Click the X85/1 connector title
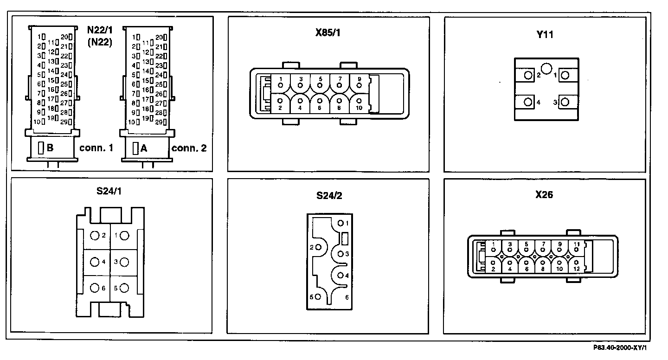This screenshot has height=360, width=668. click(x=328, y=33)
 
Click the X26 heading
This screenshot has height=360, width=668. click(x=544, y=195)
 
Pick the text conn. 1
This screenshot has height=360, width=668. click(x=96, y=148)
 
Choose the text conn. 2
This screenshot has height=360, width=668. click(x=189, y=148)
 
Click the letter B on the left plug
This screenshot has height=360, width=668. click(x=50, y=148)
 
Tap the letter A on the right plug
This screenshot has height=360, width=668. click(x=144, y=148)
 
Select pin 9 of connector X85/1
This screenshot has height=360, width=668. click(x=359, y=85)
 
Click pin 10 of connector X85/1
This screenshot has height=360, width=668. click(x=359, y=100)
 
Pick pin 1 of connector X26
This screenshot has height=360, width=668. click(x=493, y=249)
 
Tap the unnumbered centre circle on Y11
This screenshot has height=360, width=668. click(x=547, y=69)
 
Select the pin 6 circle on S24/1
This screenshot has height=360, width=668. click(x=95, y=288)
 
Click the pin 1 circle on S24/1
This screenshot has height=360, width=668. click(x=124, y=236)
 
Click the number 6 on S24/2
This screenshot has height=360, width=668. click(x=347, y=297)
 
